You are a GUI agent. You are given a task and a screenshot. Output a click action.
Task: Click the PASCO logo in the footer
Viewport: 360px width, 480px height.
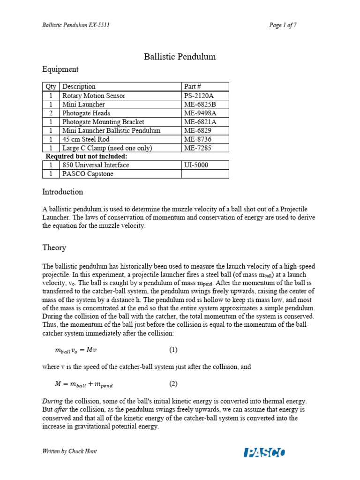click(264, 452)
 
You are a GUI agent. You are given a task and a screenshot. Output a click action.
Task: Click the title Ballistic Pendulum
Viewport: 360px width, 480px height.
click(180, 57)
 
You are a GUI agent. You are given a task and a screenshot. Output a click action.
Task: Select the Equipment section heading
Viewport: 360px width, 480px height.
click(60, 69)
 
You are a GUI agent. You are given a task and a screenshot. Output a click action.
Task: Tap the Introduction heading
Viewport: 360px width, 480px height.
click(63, 192)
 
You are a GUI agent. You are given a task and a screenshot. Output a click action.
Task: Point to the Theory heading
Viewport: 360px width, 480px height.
click(54, 247)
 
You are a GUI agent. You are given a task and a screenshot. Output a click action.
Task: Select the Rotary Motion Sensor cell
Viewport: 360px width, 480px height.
click(94, 96)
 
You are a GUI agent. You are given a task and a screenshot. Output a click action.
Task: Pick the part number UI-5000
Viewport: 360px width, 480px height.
click(197, 165)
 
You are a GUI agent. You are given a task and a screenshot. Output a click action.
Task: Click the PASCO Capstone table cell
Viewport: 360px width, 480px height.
click(88, 174)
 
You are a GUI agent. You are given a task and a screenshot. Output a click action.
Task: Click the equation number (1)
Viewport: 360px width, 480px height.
click(173, 350)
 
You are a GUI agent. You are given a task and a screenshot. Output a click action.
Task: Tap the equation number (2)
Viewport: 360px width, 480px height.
click(173, 384)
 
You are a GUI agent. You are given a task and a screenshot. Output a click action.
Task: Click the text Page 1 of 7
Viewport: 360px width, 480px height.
click(283, 25)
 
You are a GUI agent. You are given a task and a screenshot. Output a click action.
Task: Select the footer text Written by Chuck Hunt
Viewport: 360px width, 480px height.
click(70, 451)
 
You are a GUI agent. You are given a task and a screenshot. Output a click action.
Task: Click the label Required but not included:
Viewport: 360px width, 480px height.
click(86, 156)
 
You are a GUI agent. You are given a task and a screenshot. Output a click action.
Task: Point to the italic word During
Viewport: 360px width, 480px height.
click(52, 401)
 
